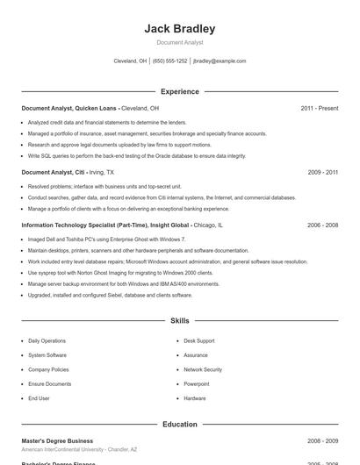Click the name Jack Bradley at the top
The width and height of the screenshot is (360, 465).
coord(179,29)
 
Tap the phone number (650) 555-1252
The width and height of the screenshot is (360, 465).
coord(169,61)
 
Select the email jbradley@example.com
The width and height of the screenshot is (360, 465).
coord(219,61)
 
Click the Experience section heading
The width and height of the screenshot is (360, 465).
coord(179,91)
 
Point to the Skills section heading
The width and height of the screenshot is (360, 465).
coord(179,321)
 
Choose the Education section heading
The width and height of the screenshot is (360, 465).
coord(179,425)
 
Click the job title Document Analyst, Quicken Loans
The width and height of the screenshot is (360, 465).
coord(69,108)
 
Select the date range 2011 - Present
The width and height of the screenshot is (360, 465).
coord(319,108)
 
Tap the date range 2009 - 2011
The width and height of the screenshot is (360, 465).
coord(322,173)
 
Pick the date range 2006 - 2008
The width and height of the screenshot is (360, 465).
coord(322,225)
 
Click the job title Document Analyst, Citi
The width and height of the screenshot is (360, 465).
coord(52,173)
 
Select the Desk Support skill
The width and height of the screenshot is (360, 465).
coord(198,340)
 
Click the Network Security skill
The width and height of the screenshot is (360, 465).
coord(203,369)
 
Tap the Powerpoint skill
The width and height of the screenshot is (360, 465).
coord(197,383)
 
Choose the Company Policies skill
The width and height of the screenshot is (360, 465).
coord(48,369)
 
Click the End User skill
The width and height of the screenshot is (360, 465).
coord(39,398)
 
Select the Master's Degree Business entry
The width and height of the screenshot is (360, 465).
coord(57,440)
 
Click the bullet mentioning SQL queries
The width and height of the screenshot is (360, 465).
coord(137,155)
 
